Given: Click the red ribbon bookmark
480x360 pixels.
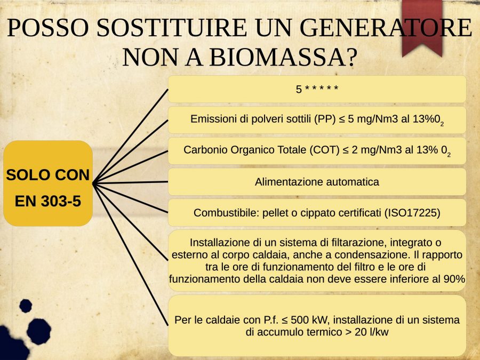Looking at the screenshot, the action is tap(422, 27).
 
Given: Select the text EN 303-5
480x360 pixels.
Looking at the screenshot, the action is tap(48, 201).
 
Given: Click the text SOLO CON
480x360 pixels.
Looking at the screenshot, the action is tap(48, 175).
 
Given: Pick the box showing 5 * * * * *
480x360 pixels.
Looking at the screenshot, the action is tap(317, 89).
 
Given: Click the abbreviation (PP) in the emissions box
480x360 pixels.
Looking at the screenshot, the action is tap(325, 119).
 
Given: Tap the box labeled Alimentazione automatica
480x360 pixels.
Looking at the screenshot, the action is tap(317, 182).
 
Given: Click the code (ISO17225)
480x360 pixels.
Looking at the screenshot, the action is tap(412, 212).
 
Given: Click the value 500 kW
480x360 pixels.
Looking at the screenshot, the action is tap(309, 320).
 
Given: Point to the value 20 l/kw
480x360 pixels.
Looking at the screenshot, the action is tap(372, 332).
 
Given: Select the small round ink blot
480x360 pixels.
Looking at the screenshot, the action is tap(26, 306).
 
